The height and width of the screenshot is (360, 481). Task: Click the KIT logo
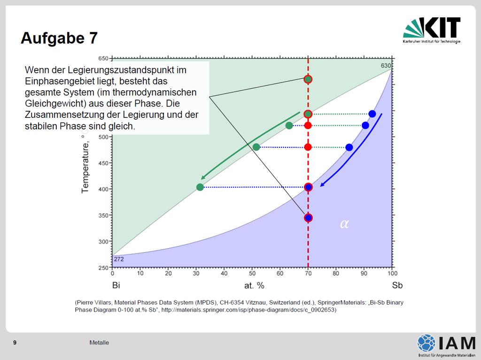(x=432, y=30)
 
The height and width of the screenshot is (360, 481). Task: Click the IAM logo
(x=446, y=345)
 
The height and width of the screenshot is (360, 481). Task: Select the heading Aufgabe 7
(x=59, y=38)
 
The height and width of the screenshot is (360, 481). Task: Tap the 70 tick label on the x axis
(x=308, y=273)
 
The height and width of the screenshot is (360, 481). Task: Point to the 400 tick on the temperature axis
(x=103, y=189)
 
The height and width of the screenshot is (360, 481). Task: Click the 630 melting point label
(x=386, y=66)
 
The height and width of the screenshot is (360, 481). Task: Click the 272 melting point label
(x=119, y=259)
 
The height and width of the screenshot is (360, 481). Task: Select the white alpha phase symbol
(x=344, y=224)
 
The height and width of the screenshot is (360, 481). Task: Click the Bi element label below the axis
(x=116, y=285)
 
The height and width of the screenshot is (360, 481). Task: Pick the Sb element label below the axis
(x=397, y=285)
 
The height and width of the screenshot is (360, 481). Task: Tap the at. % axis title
(x=254, y=286)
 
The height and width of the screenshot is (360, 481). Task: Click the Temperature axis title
(x=85, y=167)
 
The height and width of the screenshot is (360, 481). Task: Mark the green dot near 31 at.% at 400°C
(x=200, y=187)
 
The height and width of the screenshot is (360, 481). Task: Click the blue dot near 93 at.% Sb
(x=372, y=114)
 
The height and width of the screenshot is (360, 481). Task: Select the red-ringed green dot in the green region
(x=308, y=79)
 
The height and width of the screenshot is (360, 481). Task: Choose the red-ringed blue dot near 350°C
(x=308, y=218)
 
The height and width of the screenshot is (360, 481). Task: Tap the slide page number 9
(x=15, y=343)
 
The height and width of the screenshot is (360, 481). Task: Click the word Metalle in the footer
(x=99, y=343)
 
